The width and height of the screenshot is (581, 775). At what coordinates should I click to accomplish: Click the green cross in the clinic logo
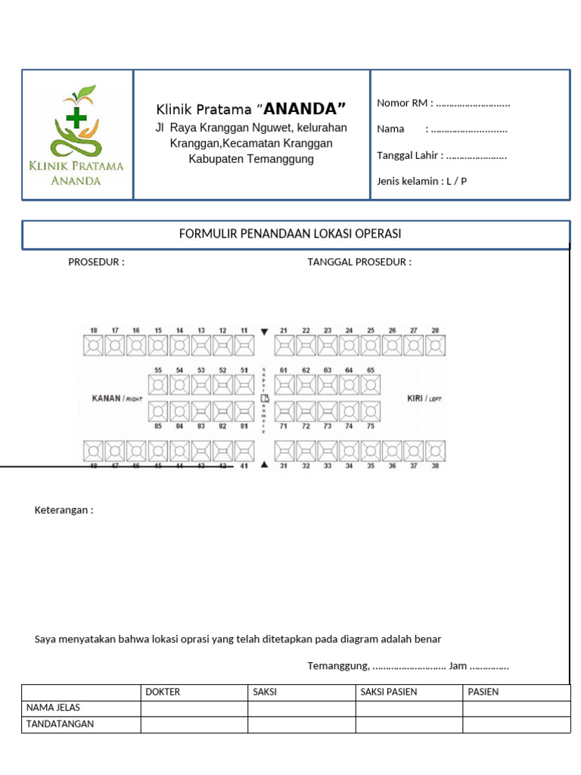click(76, 117)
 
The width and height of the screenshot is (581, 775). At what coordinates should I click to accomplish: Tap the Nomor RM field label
click(404, 103)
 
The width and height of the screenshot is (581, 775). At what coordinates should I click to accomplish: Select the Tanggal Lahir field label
click(409, 155)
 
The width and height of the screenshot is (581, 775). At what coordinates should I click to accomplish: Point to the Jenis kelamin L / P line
click(421, 181)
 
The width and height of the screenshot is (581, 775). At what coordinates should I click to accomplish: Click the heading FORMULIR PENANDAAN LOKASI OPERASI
click(290, 234)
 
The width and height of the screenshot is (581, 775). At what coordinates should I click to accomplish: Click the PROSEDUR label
click(96, 262)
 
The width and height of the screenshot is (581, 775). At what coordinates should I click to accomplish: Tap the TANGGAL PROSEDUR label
click(359, 262)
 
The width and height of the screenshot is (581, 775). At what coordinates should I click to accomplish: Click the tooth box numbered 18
click(93, 346)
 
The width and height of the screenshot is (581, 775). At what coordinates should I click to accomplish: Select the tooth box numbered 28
click(435, 346)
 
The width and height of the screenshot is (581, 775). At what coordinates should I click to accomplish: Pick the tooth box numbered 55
click(158, 385)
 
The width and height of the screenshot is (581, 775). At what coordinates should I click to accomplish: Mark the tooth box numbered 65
click(371, 385)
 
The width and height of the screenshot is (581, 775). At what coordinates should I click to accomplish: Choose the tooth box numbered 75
click(371, 411)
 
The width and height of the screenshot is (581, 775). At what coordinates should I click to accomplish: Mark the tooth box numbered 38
click(435, 451)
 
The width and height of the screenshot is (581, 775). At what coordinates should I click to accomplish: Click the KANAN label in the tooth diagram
click(106, 398)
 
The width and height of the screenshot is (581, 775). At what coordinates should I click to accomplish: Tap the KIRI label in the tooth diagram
click(415, 398)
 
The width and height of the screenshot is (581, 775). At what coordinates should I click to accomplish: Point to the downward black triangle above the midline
click(264, 331)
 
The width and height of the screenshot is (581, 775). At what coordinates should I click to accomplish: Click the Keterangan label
click(64, 509)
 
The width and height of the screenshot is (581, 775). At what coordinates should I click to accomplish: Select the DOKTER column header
click(163, 692)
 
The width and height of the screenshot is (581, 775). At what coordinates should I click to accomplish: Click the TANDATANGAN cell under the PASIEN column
click(516, 724)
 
